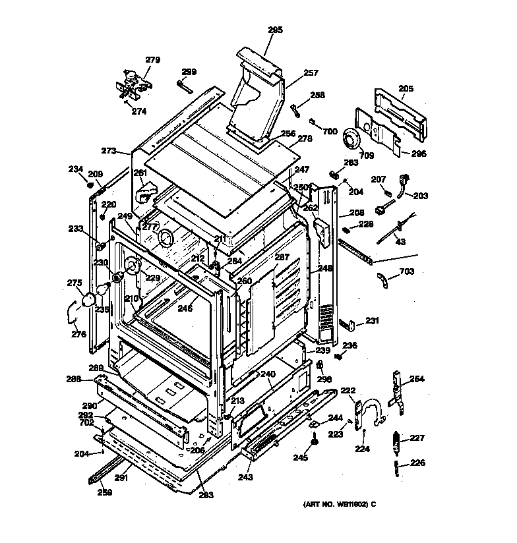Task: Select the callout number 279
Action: pos(152,60)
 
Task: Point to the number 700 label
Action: pos(330,132)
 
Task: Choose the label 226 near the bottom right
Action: pos(417,463)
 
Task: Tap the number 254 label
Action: pos(417,378)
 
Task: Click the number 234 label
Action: pos(76,169)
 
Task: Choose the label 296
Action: pos(419,154)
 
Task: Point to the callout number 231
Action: pos(373,321)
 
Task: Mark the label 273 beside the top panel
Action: pos(109,151)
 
